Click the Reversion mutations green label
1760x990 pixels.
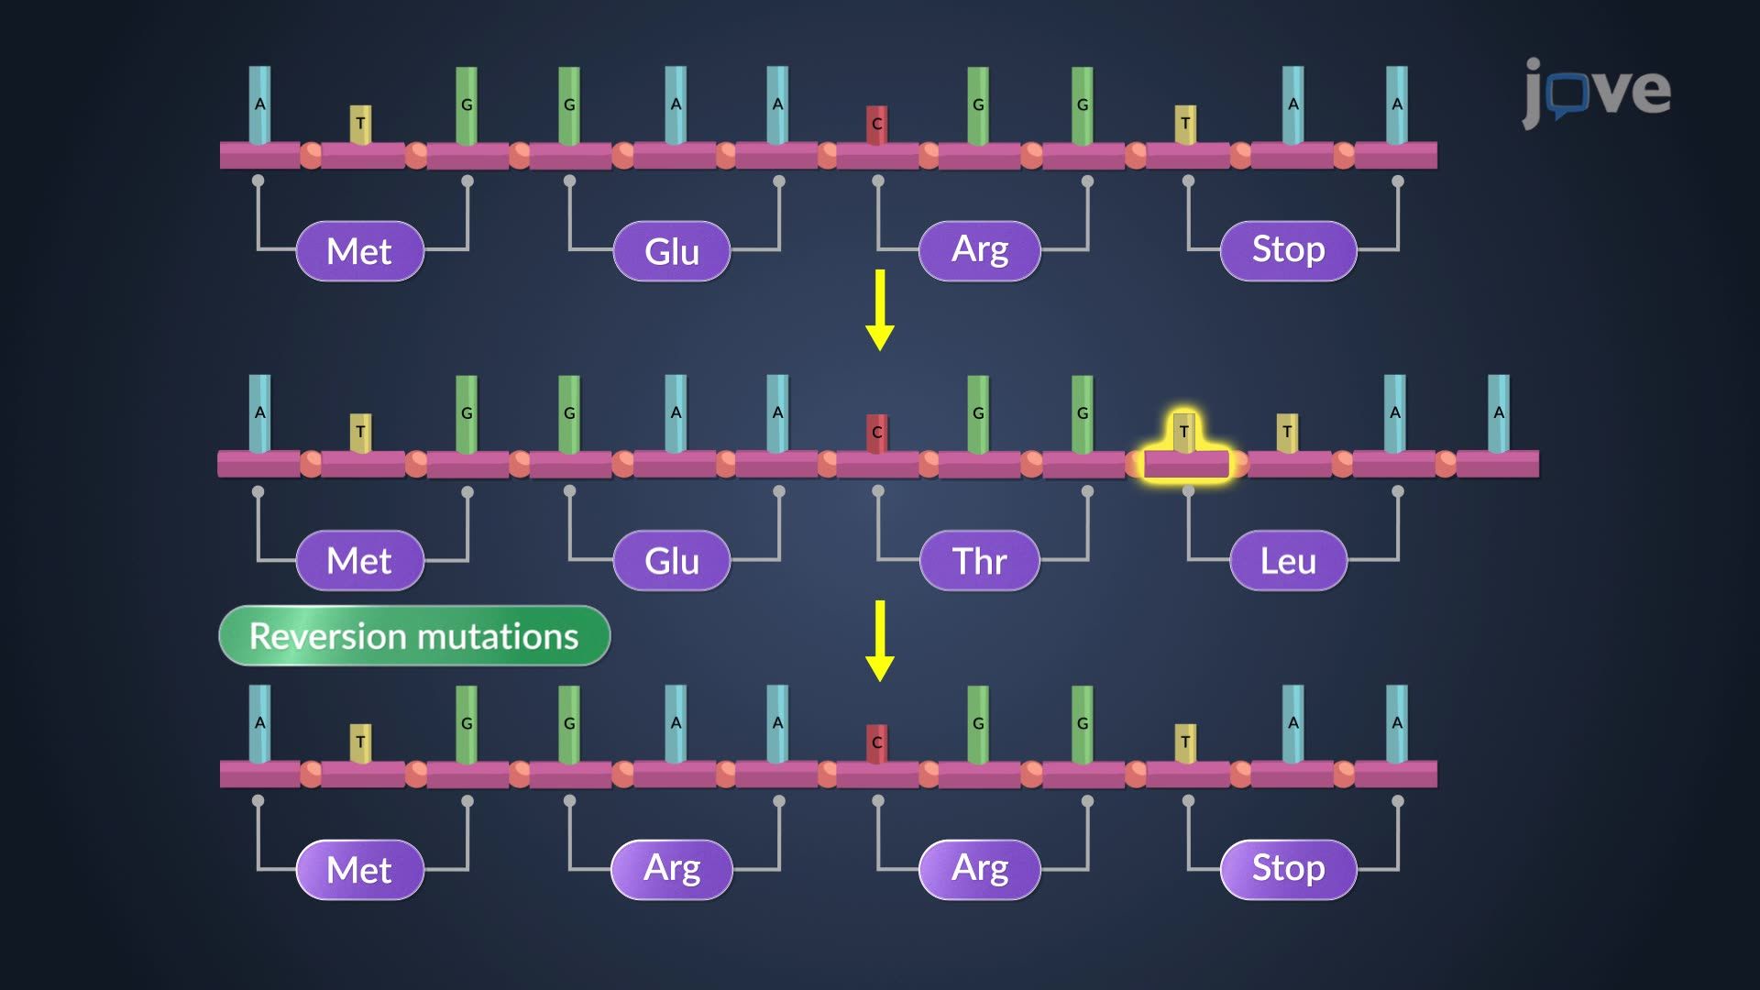tap(414, 635)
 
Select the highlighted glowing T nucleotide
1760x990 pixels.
tap(1184, 433)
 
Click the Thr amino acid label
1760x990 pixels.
tap(979, 561)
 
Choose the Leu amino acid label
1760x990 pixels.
tap(1288, 561)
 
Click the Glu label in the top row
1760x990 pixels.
tap(671, 251)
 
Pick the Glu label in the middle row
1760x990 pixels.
tap(671, 561)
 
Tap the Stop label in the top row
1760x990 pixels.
tap(1288, 250)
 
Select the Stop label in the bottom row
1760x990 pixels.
tap(1288, 869)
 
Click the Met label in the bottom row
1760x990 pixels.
tap(359, 870)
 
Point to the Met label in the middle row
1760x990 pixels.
tap(359, 561)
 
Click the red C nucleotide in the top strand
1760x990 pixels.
tap(877, 125)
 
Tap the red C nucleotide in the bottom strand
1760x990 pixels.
tap(877, 742)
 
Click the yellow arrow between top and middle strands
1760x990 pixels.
tap(880, 310)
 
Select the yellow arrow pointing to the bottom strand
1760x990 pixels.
tap(880, 641)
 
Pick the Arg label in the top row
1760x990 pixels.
tap(979, 250)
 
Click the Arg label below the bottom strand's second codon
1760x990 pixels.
tap(671, 869)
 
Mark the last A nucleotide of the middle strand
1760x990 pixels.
tap(1499, 413)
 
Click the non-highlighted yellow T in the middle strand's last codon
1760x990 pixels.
tap(1287, 432)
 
